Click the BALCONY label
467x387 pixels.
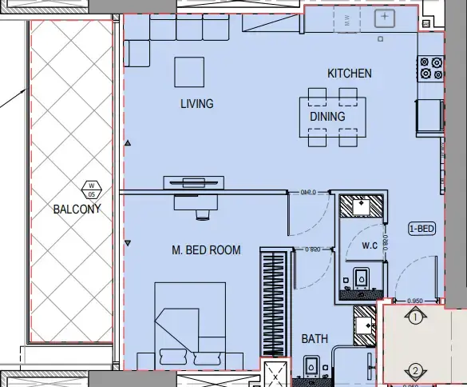77,210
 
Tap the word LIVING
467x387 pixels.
196,104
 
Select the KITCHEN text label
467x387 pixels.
349,74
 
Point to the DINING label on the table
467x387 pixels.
327,117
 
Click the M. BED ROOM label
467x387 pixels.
206,250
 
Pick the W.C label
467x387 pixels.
370,245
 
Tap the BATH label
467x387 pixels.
315,339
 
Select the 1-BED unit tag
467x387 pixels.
421,229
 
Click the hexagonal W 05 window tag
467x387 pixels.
91,190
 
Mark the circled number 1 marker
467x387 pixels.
415,318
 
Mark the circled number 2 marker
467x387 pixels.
415,370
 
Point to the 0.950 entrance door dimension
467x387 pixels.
415,301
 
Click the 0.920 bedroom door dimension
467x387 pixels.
313,249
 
